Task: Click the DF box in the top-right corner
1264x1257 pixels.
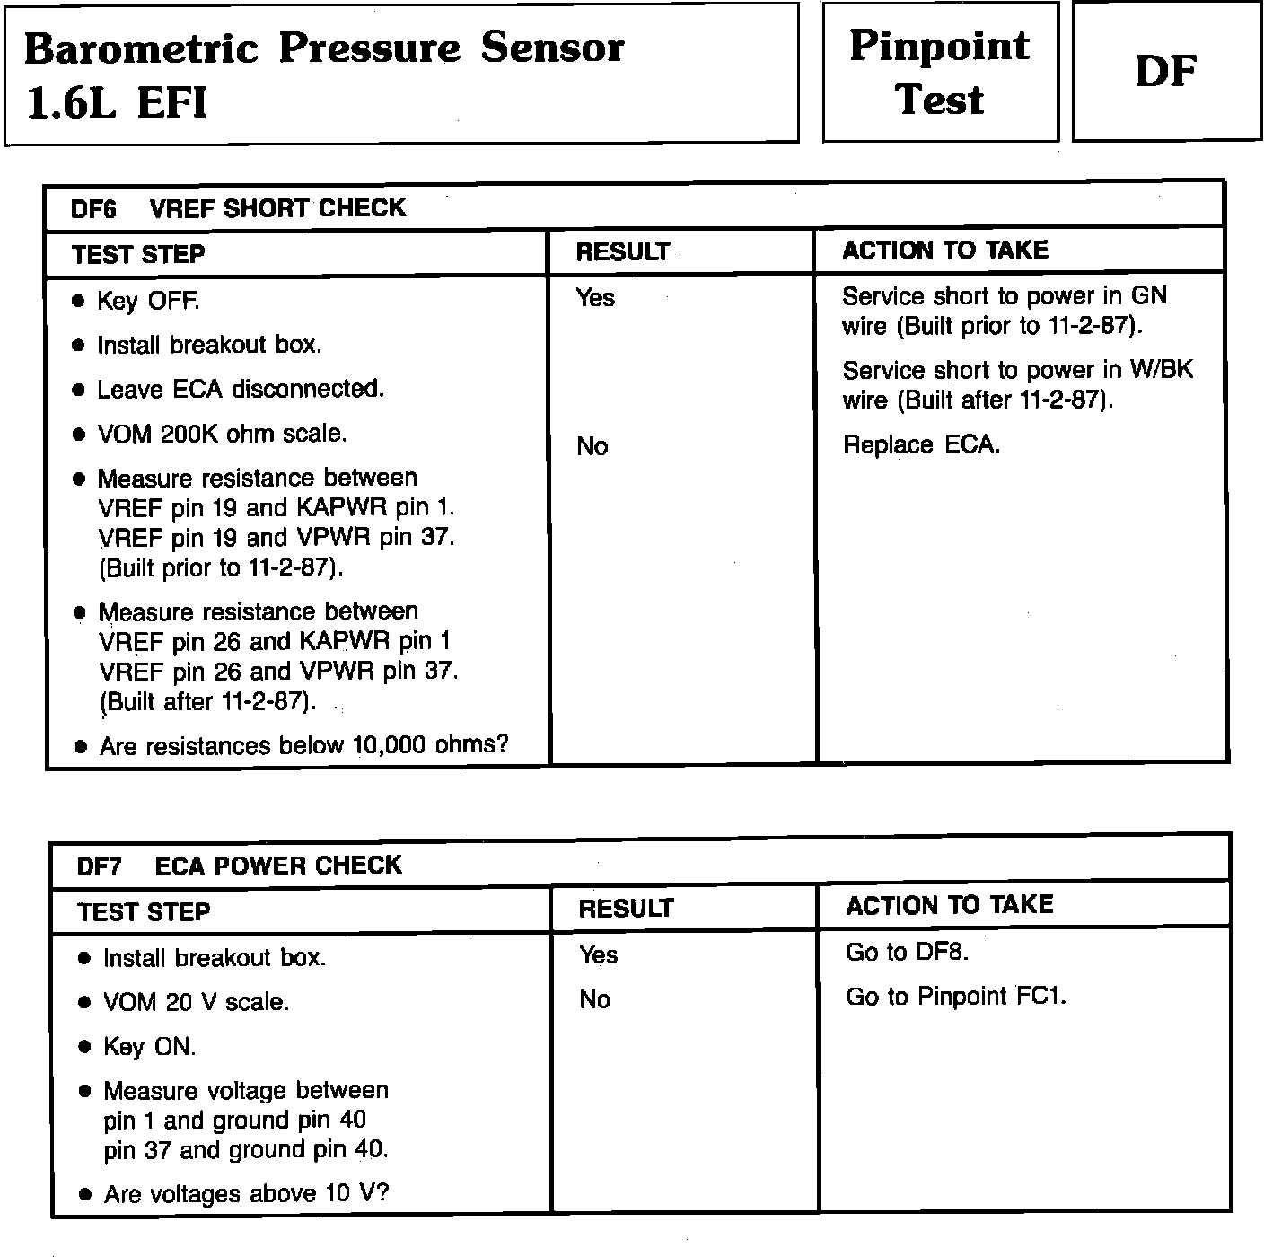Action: [x=1165, y=71]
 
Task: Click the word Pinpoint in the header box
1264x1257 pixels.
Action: [x=939, y=46]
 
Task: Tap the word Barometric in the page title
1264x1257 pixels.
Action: [x=139, y=48]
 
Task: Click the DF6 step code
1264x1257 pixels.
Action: [x=93, y=209]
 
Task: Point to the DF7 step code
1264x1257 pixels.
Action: [x=99, y=866]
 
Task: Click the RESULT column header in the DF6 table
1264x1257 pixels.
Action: [x=622, y=252]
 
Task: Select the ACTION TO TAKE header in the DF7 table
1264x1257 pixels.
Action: [x=949, y=905]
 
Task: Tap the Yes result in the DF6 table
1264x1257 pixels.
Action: [x=595, y=297]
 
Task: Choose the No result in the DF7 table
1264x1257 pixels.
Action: [x=594, y=999]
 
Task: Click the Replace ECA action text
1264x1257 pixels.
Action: [x=921, y=445]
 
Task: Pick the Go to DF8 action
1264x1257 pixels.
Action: [x=907, y=952]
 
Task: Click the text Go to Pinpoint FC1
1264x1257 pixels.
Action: [x=955, y=997]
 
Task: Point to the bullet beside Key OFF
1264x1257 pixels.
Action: [x=80, y=301]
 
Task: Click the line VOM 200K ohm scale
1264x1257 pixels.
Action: [x=221, y=434]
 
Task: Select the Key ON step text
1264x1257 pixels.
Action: [x=149, y=1047]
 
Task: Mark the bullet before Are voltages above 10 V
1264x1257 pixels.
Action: [x=85, y=1195]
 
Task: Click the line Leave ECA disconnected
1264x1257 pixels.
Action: [x=240, y=389]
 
